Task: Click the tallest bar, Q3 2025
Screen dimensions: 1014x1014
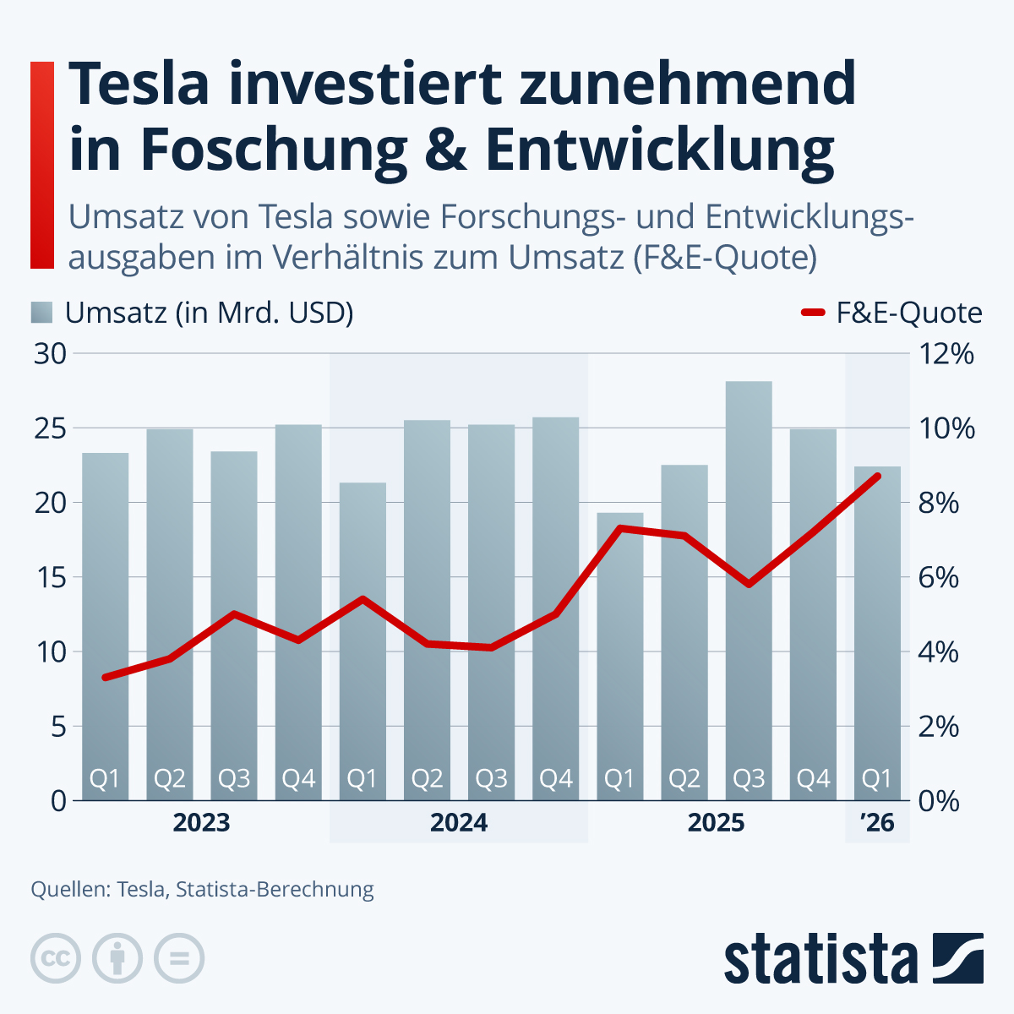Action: click(x=749, y=591)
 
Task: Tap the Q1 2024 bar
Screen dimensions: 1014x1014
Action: click(x=363, y=642)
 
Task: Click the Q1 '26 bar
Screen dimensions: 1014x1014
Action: click(x=877, y=634)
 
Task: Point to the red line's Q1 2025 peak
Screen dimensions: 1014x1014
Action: click(x=620, y=528)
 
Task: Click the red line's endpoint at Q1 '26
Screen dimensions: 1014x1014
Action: click(x=878, y=476)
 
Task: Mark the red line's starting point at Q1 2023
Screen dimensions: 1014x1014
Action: click(x=105, y=678)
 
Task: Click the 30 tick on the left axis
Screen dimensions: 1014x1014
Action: click(x=50, y=354)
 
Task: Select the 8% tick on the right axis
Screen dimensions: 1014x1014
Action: click(x=939, y=504)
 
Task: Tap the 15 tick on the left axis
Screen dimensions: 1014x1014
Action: click(x=50, y=578)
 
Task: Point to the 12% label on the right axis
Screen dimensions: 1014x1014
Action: click(x=946, y=354)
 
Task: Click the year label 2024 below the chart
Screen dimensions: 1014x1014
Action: click(x=459, y=822)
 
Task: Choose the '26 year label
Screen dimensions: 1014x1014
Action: click(x=877, y=822)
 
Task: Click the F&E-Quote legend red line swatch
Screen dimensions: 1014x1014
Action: click(x=812, y=313)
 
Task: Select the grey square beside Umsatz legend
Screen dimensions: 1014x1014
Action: click(x=41, y=313)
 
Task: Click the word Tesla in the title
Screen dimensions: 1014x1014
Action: click(x=138, y=84)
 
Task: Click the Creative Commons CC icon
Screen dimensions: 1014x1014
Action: click(x=56, y=959)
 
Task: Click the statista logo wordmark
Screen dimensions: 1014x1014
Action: click(x=820, y=960)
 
